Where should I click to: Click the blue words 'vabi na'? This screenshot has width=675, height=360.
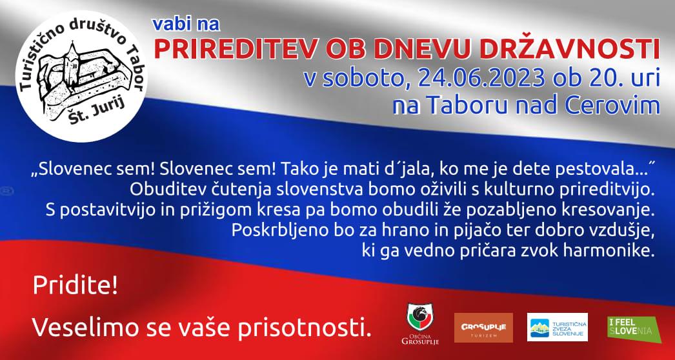[186, 25]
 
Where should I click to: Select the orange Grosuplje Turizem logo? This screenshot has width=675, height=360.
[483, 327]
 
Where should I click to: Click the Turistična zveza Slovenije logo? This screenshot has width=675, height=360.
[557, 327]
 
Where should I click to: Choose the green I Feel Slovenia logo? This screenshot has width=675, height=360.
[634, 329]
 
